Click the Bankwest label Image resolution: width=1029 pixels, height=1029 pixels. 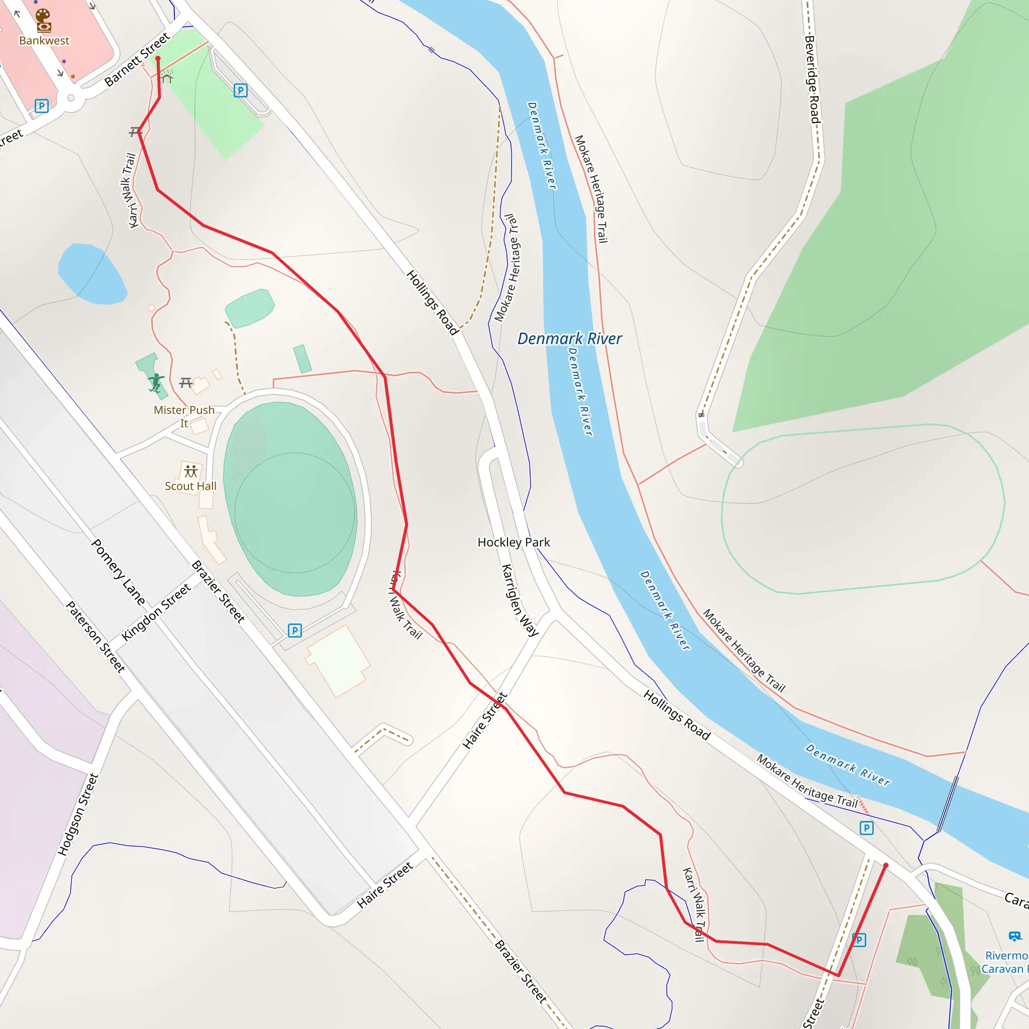pyautogui.click(x=44, y=41)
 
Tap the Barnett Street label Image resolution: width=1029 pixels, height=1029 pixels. pyautogui.click(x=137, y=59)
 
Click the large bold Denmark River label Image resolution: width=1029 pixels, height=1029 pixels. pyautogui.click(x=569, y=339)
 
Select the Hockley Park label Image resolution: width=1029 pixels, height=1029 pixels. pyautogui.click(x=513, y=542)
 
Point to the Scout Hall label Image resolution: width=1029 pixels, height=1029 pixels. pyautogui.click(x=190, y=486)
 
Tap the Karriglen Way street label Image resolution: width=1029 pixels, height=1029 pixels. pyautogui.click(x=520, y=600)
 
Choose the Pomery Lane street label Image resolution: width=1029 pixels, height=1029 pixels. pyautogui.click(x=118, y=572)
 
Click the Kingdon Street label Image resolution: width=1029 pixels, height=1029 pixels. pyautogui.click(x=156, y=612)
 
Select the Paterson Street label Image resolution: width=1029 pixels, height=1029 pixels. pyautogui.click(x=95, y=637)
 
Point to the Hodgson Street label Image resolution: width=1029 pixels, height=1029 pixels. pyautogui.click(x=78, y=814)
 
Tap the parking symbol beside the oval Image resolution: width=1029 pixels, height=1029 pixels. pyautogui.click(x=294, y=631)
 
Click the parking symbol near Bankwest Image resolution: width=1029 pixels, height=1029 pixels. pyautogui.click(x=42, y=106)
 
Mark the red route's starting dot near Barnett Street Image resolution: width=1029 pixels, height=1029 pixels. pyautogui.click(x=158, y=59)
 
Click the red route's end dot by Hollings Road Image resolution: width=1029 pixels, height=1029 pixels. pyautogui.click(x=886, y=866)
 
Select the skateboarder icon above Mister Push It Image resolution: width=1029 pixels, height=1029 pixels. pyautogui.click(x=156, y=382)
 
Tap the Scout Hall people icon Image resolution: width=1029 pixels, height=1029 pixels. pyautogui.click(x=190, y=471)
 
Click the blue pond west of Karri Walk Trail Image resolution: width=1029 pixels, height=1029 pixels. pyautogui.click(x=91, y=274)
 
